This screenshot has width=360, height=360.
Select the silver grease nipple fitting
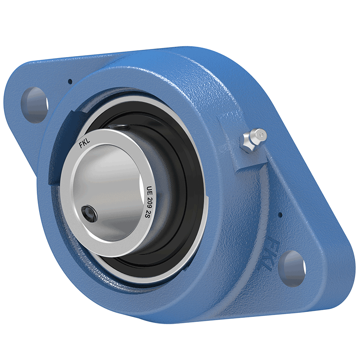(x=252, y=140)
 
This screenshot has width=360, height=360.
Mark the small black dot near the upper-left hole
(x=70, y=81)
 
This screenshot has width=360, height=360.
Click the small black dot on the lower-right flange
(x=279, y=215)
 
